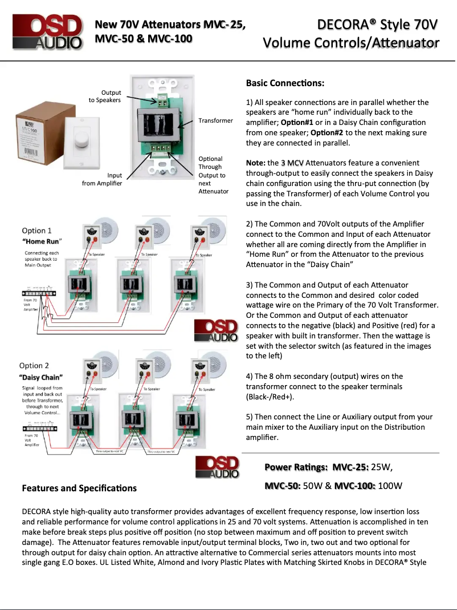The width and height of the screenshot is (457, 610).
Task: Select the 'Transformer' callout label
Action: pos(215,120)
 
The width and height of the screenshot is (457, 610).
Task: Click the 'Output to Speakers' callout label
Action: pos(104,96)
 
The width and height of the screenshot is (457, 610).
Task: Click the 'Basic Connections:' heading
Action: pos(285,83)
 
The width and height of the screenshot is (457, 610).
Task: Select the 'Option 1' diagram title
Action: pos(36,231)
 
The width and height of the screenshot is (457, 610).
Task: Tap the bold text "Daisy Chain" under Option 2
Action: pos(40,377)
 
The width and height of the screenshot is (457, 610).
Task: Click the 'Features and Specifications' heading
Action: pos(79,488)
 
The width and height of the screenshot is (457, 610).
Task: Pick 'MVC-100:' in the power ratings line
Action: pos(354,486)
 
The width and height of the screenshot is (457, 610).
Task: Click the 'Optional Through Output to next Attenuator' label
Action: pos(213,175)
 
